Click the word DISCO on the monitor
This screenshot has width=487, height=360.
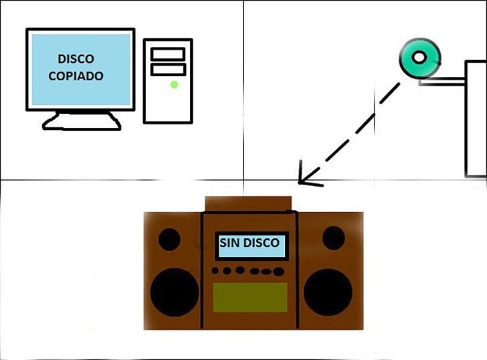76,59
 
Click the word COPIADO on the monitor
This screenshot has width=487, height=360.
76,76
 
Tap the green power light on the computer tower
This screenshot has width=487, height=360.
174,84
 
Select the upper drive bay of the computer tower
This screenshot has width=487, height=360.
168,54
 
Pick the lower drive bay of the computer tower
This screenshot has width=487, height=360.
168,70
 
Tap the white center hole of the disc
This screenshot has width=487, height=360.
419,58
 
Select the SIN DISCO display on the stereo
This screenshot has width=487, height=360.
252,246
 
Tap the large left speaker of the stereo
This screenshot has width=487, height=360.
175,292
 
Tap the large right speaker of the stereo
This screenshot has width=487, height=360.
328,292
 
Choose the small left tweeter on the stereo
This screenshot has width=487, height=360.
169,239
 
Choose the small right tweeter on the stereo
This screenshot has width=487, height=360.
334,238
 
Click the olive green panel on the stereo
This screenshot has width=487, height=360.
250,297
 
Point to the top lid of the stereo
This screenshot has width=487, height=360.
248,204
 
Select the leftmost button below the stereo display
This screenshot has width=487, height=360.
215,270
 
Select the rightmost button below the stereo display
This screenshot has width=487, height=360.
278,272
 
